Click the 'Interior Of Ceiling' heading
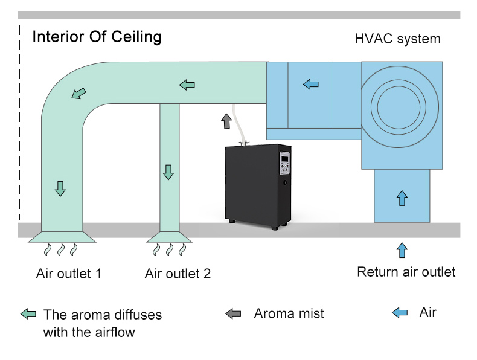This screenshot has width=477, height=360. pos(97,37)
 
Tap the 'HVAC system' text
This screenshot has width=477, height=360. pos(397,39)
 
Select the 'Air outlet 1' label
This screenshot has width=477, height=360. pos(68,274)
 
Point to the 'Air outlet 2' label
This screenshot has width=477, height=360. pos(178,274)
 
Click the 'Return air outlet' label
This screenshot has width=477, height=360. pos(406,271)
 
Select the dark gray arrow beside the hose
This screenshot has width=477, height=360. pos(226,121)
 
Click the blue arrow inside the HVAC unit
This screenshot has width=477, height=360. pos(310,84)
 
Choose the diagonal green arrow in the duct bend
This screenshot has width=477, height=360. pos(78,94)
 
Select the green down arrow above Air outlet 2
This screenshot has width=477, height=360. pos(168,172)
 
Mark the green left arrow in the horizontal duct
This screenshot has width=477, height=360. pos(187,85)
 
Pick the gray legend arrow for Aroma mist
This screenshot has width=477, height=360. pos(233,313)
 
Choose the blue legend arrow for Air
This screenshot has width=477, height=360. pos(400,312)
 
